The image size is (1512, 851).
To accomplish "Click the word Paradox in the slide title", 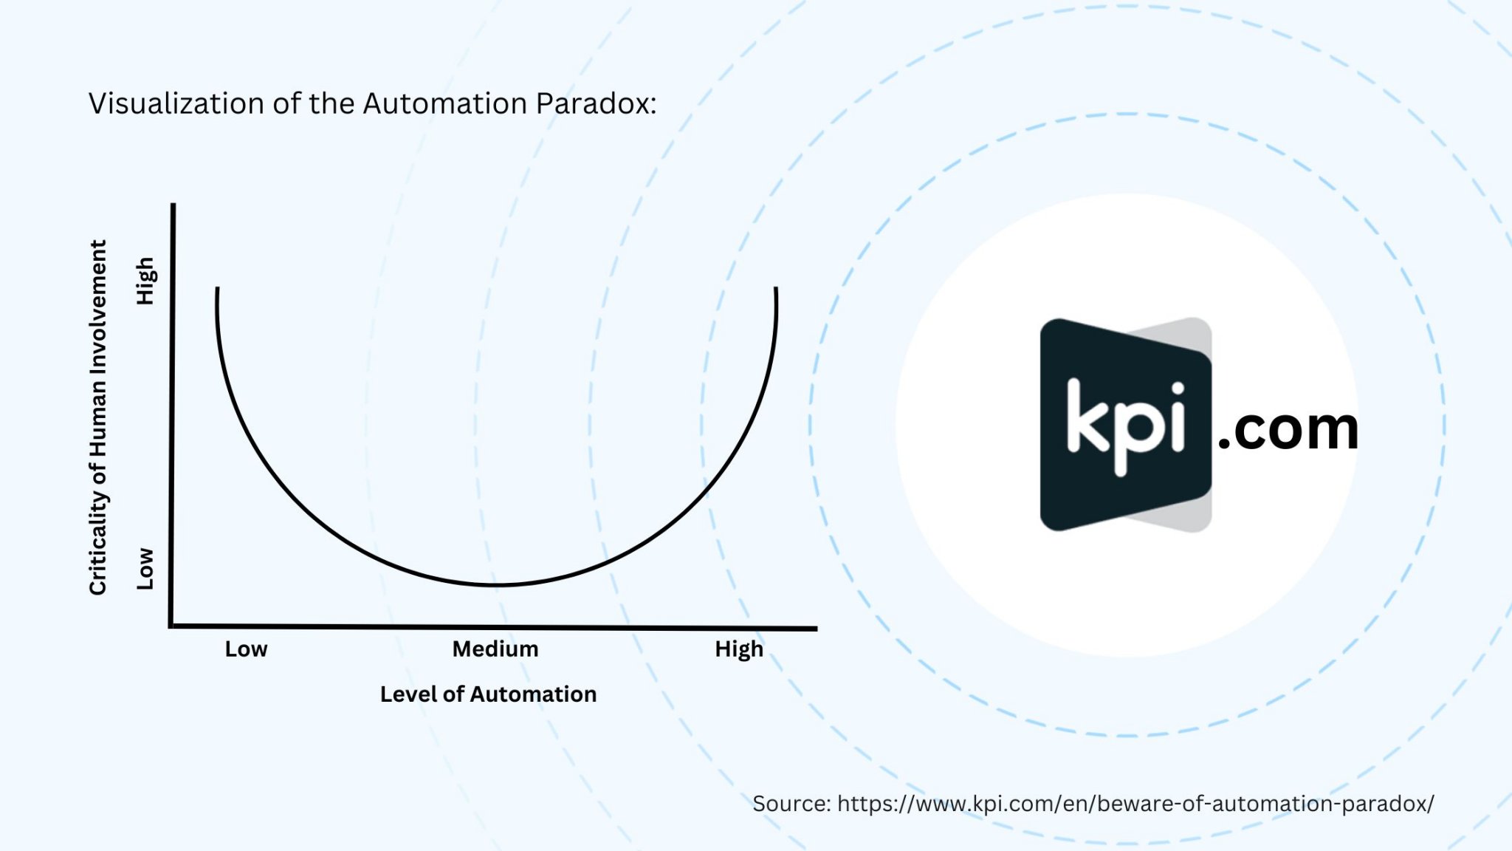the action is coord(596,103).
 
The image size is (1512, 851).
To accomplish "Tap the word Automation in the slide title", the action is coord(445,103).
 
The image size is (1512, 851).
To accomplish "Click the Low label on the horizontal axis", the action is coord(246,649).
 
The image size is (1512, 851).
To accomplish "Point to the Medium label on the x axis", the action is coord(495,649).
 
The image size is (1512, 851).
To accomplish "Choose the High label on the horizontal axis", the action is coord(739,650).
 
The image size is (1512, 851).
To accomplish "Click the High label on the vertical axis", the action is coord(145,281).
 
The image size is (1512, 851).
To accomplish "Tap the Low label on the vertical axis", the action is coord(145,569).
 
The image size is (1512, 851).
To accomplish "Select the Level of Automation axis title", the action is coord(488,694).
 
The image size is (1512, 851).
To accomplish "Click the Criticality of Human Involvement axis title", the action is coord(98,417).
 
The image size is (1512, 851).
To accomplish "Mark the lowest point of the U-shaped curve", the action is coord(497,585).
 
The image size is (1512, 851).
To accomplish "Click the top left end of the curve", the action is coord(217,288).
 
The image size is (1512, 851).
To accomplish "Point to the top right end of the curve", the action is coord(776,288).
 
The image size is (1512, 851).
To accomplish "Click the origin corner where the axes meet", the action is coord(171,626).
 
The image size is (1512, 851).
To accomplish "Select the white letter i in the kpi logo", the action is coord(1178,417).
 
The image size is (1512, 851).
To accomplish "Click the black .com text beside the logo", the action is coord(1288,429).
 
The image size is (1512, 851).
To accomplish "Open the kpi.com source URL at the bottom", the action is coord(1135,804).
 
